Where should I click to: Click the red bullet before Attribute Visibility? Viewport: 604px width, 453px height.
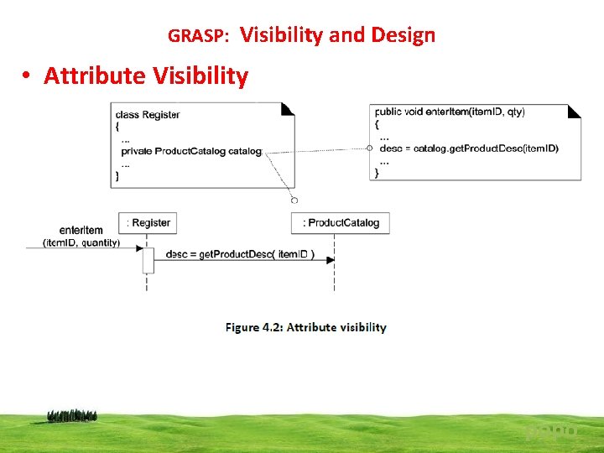(28, 76)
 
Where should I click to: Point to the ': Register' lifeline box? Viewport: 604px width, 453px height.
(148, 223)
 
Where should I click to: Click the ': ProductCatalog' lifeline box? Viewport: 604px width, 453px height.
(341, 223)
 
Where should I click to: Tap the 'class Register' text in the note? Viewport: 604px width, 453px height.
(148, 115)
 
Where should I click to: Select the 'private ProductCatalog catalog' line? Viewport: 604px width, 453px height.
(191, 152)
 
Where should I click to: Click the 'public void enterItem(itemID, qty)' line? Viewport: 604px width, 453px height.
(450, 112)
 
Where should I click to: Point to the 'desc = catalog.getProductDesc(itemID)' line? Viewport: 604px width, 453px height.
(469, 148)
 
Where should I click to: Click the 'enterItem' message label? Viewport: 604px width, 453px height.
(81, 230)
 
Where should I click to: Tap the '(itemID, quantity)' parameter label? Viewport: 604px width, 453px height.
(81, 243)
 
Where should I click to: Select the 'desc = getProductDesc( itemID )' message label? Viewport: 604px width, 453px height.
(240, 255)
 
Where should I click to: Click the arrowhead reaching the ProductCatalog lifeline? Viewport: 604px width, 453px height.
(330, 260)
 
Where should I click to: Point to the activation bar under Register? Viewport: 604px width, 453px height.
(148, 259)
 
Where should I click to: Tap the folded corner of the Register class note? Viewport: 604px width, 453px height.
(288, 108)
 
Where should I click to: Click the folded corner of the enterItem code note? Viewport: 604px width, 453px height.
(575, 111)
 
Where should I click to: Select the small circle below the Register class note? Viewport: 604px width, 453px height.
(294, 200)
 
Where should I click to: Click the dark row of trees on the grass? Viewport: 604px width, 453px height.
(72, 415)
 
